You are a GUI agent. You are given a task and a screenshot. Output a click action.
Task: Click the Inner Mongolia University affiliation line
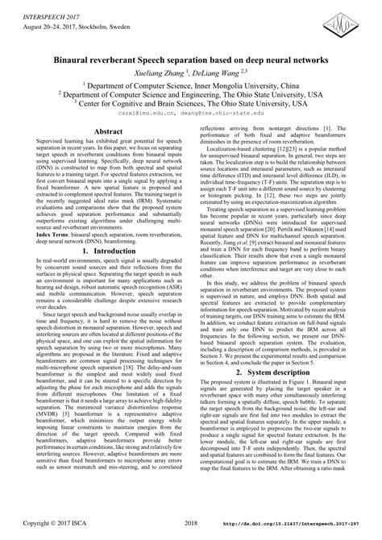click(191, 85)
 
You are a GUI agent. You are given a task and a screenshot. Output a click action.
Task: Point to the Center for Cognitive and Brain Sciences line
click(191, 103)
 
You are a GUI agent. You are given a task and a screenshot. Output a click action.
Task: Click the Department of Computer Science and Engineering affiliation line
click(191, 94)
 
